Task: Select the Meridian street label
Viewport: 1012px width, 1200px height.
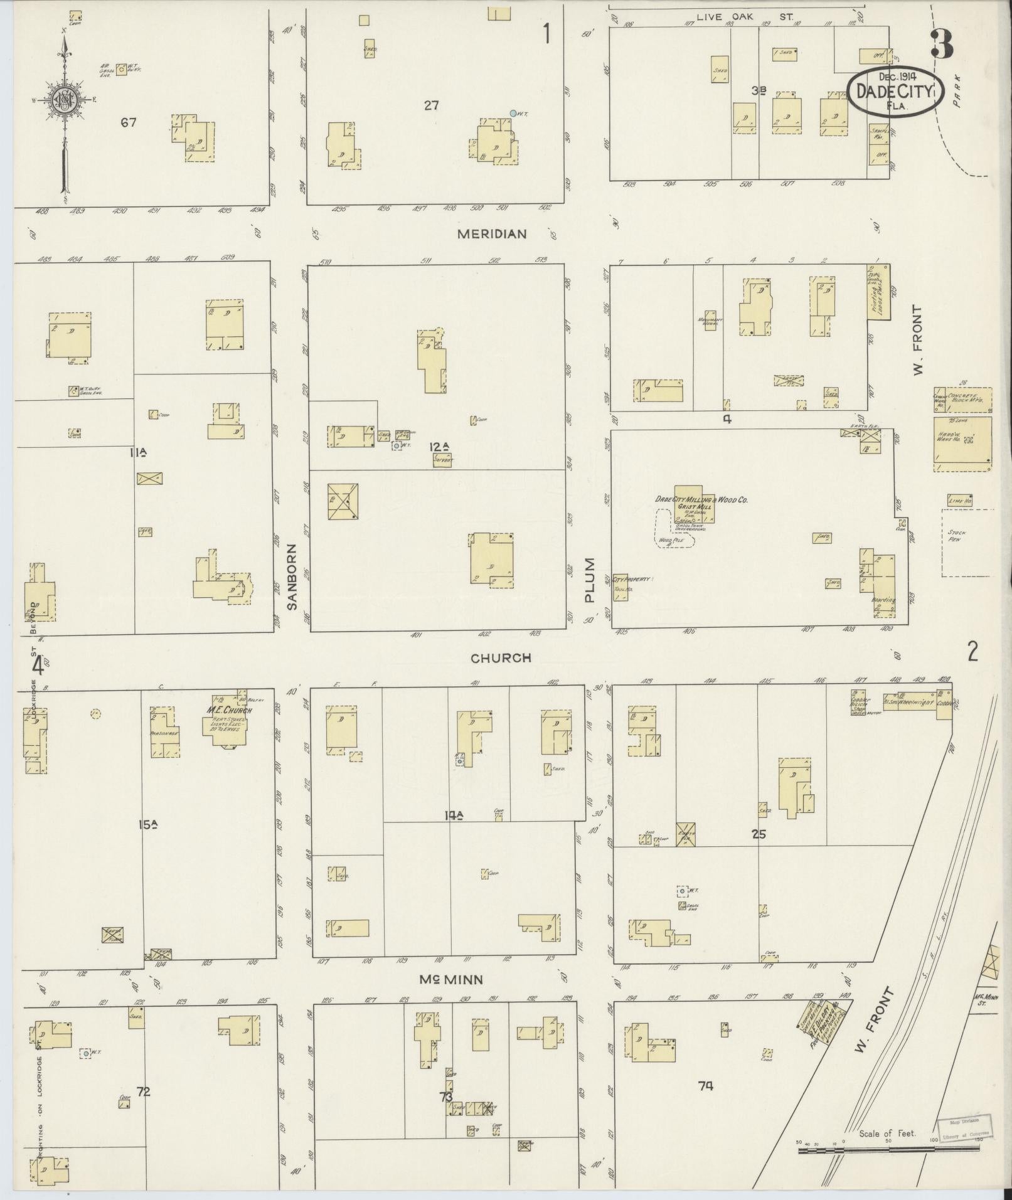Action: click(491, 234)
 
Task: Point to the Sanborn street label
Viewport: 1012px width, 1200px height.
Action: click(291, 578)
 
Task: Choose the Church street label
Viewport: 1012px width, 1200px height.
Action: click(501, 657)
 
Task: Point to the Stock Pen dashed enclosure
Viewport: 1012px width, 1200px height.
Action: click(967, 542)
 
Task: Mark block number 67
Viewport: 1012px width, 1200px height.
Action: click(129, 123)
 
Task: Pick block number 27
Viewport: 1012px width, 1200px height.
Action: click(430, 105)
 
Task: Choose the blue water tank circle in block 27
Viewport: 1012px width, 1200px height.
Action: click(513, 114)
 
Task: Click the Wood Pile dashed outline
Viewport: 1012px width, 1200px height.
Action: click(673, 529)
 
